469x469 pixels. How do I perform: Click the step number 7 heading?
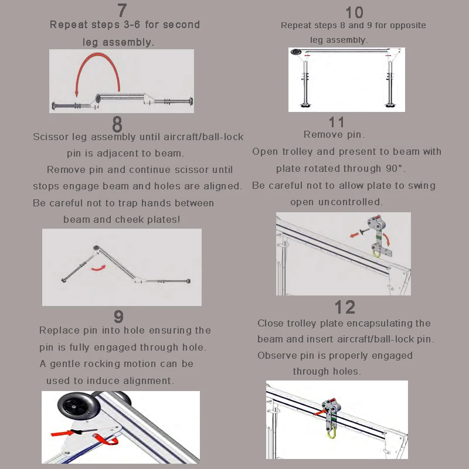tap(122, 11)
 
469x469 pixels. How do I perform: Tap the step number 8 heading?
tap(117, 124)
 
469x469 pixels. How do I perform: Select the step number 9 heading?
tap(119, 317)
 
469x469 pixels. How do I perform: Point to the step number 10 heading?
tap(355, 12)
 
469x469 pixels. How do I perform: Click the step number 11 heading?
tap(337, 123)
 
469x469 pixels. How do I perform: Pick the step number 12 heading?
tap(345, 307)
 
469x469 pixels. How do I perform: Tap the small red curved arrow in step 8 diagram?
tap(98, 268)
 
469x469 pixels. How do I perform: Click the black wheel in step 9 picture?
tap(79, 406)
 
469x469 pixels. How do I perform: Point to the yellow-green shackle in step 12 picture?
tap(331, 433)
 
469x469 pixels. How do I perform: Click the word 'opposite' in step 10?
tap(407, 25)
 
